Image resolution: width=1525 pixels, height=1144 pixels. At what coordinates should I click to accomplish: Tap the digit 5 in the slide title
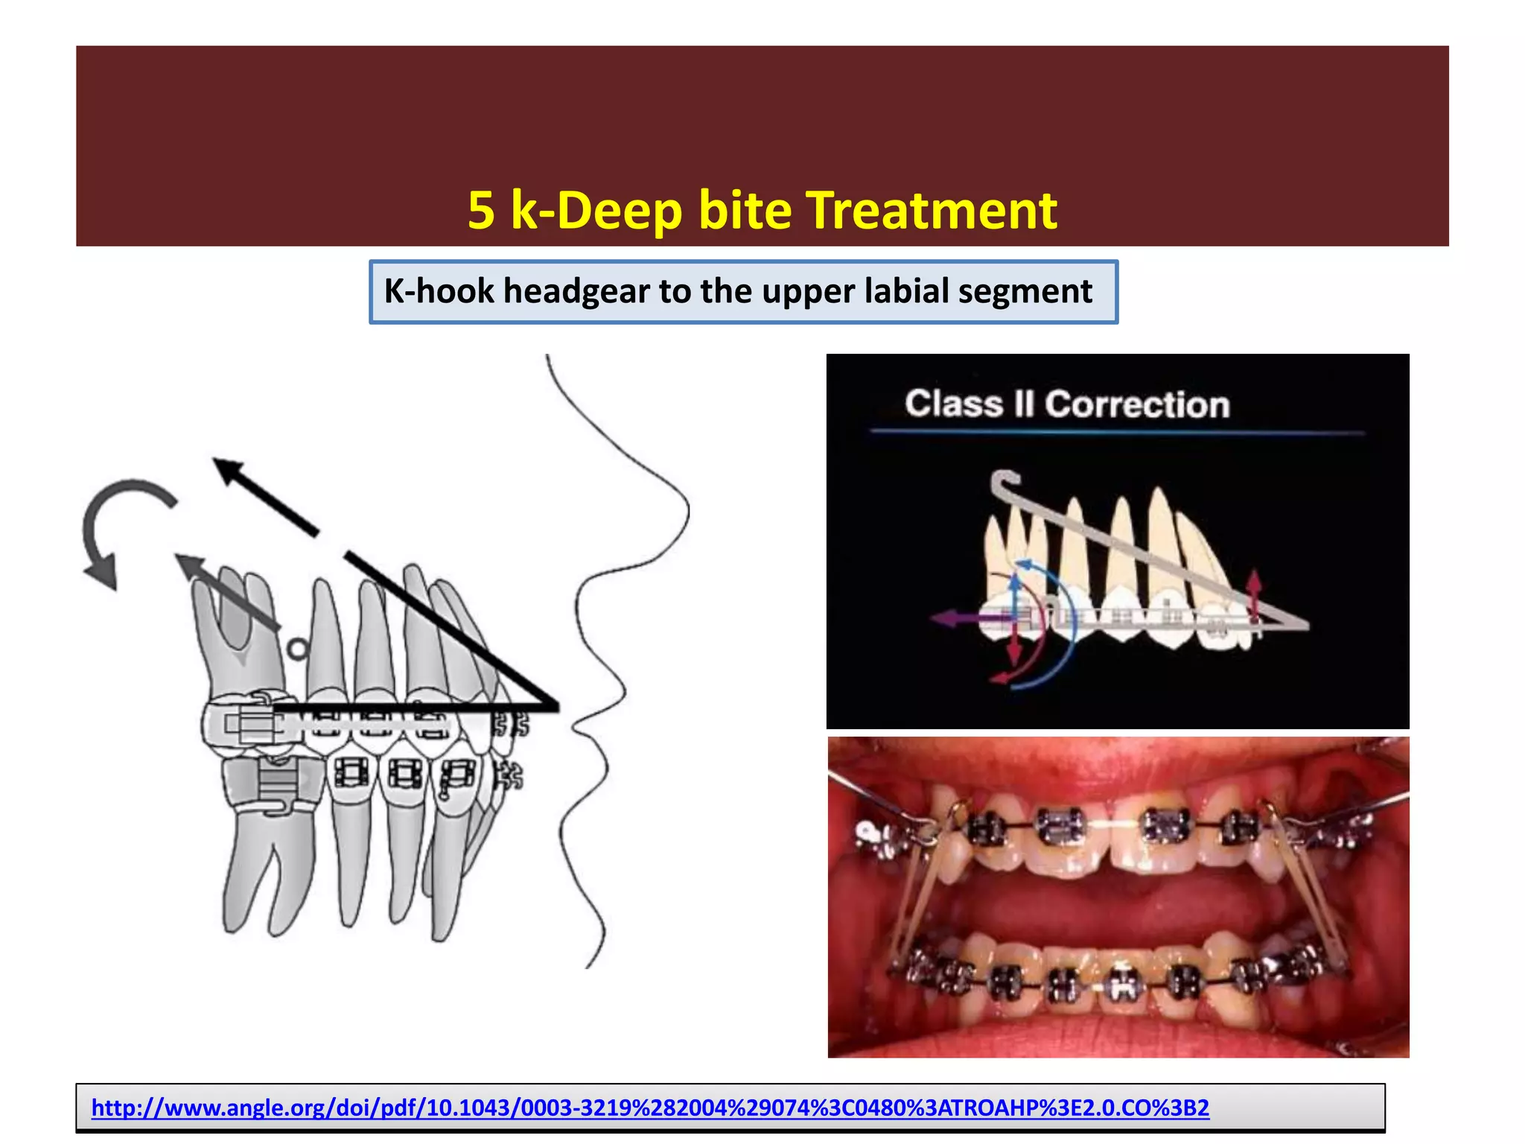tap(481, 211)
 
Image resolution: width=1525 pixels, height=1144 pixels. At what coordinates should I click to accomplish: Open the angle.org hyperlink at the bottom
tap(649, 1108)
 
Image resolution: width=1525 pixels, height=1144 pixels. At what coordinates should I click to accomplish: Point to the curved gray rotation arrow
tap(112, 521)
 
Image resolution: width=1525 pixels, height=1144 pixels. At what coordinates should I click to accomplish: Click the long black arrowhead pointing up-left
tap(227, 469)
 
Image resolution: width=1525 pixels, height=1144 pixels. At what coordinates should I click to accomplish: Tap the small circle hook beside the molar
tap(298, 649)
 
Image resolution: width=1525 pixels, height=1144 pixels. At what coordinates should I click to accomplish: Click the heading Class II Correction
tap(1066, 404)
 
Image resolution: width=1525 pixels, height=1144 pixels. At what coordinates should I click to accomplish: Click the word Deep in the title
tap(618, 211)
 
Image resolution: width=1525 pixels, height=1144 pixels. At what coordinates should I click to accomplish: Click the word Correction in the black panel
tap(1136, 404)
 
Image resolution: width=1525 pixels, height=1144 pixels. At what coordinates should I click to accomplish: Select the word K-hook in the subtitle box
tap(439, 291)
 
